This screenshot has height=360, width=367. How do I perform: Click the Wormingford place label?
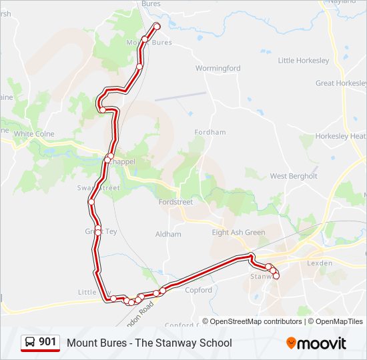tap(218, 68)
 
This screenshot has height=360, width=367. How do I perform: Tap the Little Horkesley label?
tap(304, 61)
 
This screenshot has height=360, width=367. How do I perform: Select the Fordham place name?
tap(210, 133)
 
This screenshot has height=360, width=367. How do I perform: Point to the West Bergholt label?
tap(294, 176)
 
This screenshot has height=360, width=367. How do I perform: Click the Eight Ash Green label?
tap(238, 233)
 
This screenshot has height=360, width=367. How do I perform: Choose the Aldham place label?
tap(168, 234)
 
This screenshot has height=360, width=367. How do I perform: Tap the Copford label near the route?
tap(198, 290)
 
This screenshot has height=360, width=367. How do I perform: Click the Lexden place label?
tap(319, 263)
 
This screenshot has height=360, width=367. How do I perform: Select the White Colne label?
tap(34, 133)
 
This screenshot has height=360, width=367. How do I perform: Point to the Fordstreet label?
tap(175, 202)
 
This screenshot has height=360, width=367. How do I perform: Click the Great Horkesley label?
tap(340, 83)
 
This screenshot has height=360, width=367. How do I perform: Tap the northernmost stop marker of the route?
tap(157, 26)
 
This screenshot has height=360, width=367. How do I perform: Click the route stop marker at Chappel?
tap(107, 159)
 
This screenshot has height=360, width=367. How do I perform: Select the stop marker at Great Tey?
tap(98, 231)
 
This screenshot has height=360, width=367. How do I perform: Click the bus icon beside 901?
tap(30, 343)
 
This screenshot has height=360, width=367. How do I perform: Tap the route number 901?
tap(47, 342)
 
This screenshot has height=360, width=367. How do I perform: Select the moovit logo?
tap(316, 343)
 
